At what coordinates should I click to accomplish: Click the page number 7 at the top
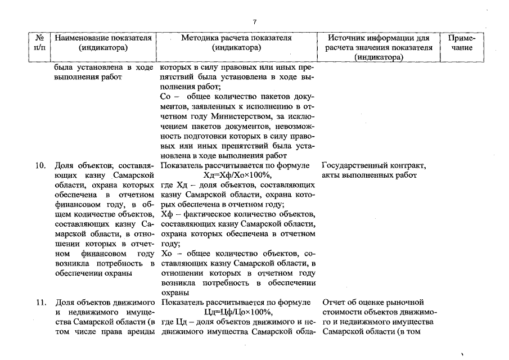coord(255,22)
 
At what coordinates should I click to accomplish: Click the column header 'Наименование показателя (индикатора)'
coord(103,43)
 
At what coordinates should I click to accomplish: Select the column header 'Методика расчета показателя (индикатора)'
coord(237,43)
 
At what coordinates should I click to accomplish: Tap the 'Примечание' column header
coord(463,43)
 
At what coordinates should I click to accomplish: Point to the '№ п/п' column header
coord(40,43)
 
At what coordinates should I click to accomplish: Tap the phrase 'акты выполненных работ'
coord(370,175)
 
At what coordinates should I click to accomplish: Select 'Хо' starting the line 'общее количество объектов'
coord(166,254)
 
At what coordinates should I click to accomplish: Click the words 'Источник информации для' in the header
coord(381,38)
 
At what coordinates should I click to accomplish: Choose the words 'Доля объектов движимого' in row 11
coord(105,303)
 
